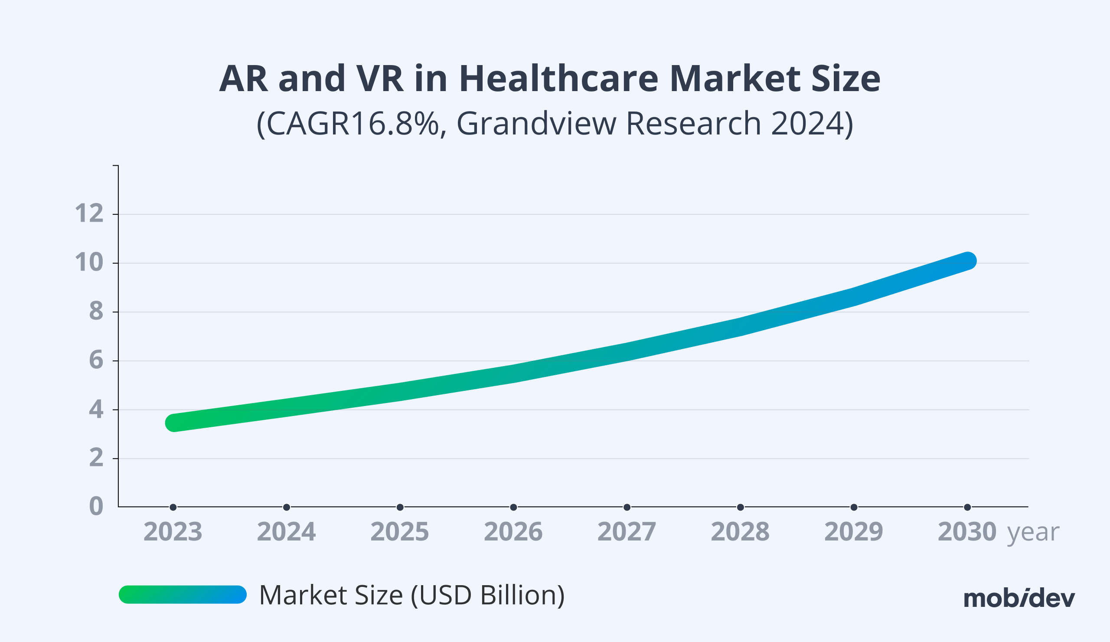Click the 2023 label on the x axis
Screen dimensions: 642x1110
click(x=173, y=531)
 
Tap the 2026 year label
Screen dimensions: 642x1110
click(x=513, y=531)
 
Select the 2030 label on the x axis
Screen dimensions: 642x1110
click(x=967, y=531)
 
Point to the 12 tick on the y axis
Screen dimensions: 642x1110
click(x=89, y=214)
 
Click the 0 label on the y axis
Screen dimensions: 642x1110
click(x=96, y=506)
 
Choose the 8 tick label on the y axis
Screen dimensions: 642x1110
click(x=96, y=311)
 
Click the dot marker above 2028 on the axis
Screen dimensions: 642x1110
click(x=741, y=507)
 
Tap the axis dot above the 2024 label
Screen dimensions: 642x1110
click(x=286, y=507)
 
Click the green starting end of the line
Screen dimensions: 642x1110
click(x=174, y=423)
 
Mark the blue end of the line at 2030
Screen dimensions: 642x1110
click(x=967, y=261)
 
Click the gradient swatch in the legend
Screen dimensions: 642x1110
click(x=183, y=594)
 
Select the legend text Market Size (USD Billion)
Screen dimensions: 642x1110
click(x=411, y=595)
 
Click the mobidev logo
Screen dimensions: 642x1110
click(x=1019, y=598)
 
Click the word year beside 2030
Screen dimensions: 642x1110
click(x=1033, y=532)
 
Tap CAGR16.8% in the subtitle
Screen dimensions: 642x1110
click(x=348, y=124)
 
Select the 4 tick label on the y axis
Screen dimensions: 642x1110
click(x=96, y=409)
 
